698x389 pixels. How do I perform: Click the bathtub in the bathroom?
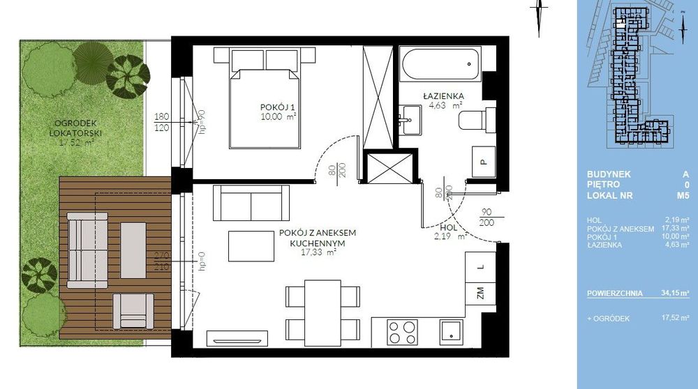(x=440, y=66)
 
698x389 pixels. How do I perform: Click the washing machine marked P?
(x=481, y=162)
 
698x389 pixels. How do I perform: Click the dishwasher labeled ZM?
(x=481, y=294)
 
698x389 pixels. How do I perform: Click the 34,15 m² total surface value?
(x=673, y=293)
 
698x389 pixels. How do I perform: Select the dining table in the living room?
(x=321, y=310)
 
